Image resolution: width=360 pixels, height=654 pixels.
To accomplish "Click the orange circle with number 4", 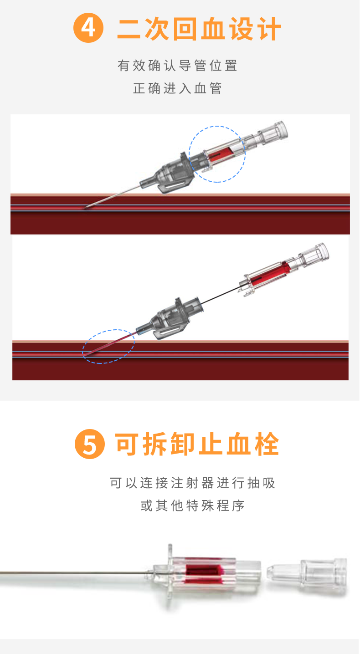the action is pos(88,28).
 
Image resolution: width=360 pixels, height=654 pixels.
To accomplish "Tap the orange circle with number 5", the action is pos(90,444).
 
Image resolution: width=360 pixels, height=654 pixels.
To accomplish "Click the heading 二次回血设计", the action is pos(199,28).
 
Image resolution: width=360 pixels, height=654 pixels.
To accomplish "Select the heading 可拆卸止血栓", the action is pos(197,444).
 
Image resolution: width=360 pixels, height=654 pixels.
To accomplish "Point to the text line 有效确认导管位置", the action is pos(177,66).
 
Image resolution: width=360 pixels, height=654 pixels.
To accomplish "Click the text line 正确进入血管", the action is pos(177,88).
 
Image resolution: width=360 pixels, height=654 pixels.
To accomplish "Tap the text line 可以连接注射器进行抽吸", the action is pos(193,483).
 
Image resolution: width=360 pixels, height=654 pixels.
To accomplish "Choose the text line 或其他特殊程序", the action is pos(193,506).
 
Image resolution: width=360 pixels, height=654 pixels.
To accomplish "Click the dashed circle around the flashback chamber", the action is pos(217,126).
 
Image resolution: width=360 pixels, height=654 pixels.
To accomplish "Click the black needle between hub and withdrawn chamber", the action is pos(221,296).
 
